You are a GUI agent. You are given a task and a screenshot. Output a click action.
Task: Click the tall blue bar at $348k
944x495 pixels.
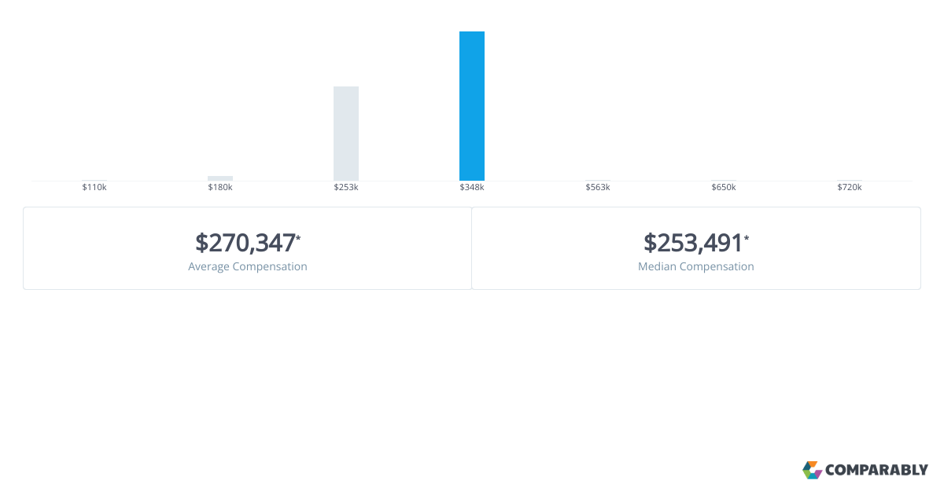click(472, 106)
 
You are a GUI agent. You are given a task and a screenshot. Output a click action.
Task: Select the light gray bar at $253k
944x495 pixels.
click(346, 134)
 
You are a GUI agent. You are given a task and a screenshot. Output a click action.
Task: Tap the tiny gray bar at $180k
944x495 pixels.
click(220, 178)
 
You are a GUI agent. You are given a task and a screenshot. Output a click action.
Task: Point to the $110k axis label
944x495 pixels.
click(94, 188)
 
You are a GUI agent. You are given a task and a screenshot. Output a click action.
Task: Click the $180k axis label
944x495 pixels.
click(220, 188)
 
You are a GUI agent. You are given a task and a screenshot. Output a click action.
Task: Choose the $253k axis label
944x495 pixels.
click(346, 188)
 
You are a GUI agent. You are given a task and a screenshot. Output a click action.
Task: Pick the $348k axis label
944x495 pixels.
click(472, 188)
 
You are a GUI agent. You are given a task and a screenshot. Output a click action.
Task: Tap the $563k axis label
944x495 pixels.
click(598, 188)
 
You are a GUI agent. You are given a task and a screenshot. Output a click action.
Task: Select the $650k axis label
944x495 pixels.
click(724, 188)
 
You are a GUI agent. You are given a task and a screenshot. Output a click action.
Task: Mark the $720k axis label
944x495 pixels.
click(850, 188)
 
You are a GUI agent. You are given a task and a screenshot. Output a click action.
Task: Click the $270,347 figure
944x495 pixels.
click(245, 243)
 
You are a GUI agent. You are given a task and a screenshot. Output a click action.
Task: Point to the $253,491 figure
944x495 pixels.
click(693, 243)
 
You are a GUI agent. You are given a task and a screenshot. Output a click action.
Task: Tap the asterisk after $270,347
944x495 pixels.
click(299, 237)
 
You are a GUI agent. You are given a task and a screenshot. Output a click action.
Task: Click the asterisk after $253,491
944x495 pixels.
click(747, 237)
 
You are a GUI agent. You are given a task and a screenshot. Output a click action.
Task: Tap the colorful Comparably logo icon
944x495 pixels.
click(812, 470)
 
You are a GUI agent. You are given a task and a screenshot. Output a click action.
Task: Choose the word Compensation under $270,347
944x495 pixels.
click(271, 267)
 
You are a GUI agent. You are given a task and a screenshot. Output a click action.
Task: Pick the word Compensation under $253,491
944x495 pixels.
click(717, 267)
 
